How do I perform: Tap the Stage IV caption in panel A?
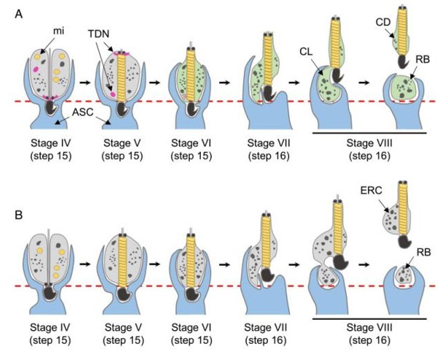pos(50,144)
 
